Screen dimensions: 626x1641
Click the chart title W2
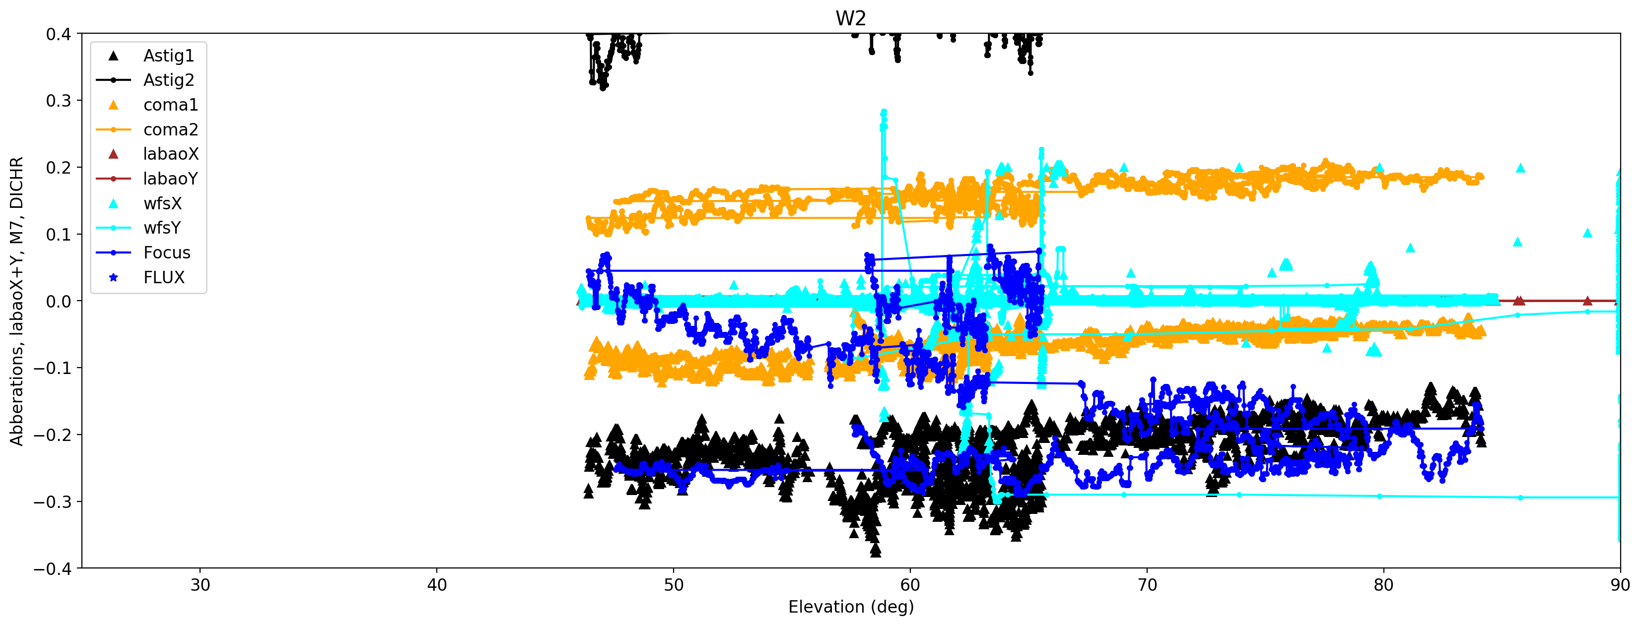[x=850, y=18]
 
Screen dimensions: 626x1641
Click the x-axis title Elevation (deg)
[x=850, y=607]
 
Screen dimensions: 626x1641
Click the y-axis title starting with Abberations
[x=16, y=301]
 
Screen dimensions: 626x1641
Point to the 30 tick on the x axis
[x=200, y=585]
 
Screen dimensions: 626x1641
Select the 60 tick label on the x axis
[x=910, y=585]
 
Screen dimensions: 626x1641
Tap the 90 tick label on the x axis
[x=1619, y=585]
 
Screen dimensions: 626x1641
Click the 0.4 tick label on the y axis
[x=58, y=34]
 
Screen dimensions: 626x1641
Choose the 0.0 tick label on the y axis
[x=58, y=301]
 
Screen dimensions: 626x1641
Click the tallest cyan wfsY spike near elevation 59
[x=884, y=112]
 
